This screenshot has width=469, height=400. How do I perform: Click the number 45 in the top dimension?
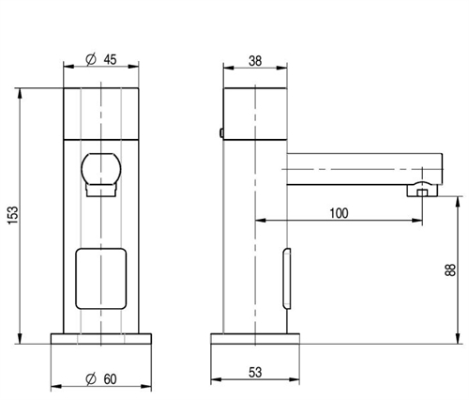[x=111, y=60]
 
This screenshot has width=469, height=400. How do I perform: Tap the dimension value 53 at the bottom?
[x=255, y=374]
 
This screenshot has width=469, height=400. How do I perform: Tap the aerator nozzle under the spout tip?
[x=420, y=192]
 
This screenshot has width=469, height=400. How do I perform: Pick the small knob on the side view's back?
[x=219, y=134]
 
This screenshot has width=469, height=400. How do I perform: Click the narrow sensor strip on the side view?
[x=287, y=277]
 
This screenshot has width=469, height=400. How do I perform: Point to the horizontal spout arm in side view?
[x=356, y=166]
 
